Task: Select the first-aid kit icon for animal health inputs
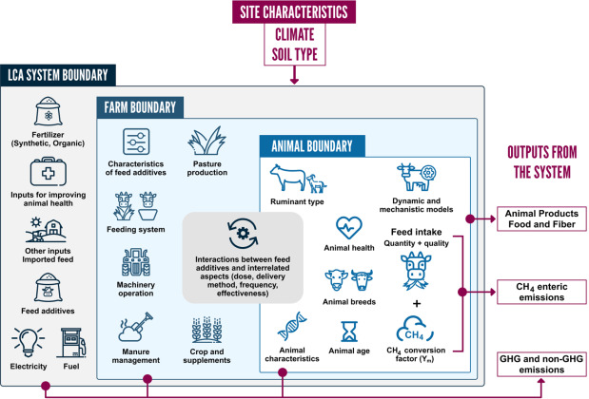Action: (49, 174)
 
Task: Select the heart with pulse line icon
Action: (349, 228)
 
